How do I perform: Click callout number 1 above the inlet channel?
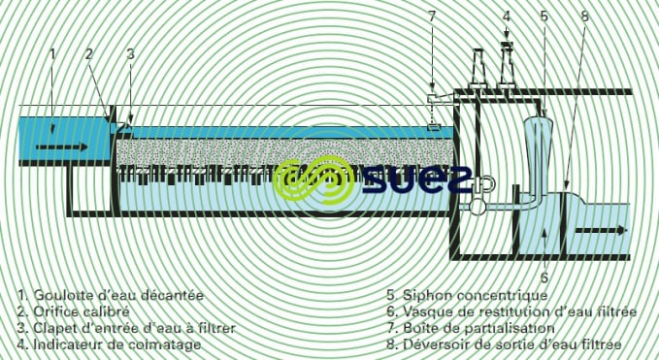pos(52,52)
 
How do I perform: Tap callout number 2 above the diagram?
pos(88,54)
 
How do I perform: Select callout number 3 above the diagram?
pos(130,54)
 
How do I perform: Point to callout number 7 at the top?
pos(433,16)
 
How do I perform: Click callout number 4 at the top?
pos(506,16)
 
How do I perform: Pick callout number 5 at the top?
pos(544,16)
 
